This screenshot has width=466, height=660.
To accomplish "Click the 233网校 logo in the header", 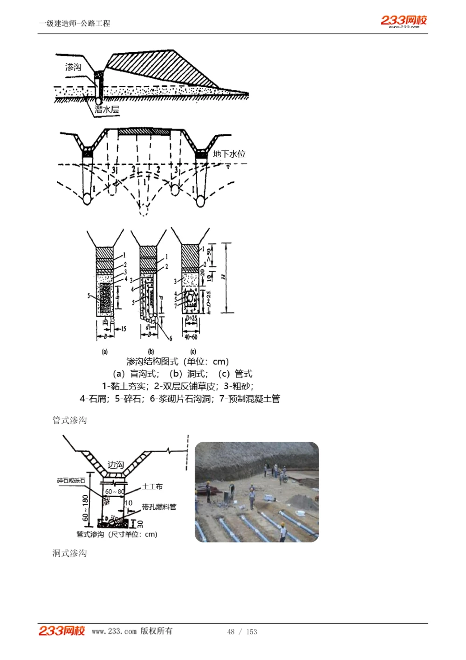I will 404,21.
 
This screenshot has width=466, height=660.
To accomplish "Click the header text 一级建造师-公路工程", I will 75,23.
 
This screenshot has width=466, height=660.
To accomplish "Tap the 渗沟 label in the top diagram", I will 73,67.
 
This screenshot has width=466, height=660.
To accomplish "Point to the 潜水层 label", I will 107,110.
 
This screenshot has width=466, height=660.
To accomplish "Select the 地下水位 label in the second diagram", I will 229,154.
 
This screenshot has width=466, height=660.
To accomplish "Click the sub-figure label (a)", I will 105,352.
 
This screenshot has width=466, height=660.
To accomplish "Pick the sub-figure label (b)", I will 151,352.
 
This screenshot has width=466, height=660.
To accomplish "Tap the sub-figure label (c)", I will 193,352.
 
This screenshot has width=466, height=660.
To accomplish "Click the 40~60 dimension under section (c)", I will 191,337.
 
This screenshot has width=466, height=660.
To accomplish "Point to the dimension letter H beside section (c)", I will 224,277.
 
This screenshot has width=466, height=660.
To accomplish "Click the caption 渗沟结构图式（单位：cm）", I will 178,361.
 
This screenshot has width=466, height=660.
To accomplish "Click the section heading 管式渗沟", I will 69,420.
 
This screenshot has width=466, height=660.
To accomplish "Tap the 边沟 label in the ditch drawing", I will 116,465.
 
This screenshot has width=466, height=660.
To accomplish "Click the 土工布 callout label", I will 152,486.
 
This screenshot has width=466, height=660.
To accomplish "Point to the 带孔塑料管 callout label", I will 159,507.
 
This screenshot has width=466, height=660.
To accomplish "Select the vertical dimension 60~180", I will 85,508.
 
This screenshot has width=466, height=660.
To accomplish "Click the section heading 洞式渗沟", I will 69,553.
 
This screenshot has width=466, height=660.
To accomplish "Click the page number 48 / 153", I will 242,632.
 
